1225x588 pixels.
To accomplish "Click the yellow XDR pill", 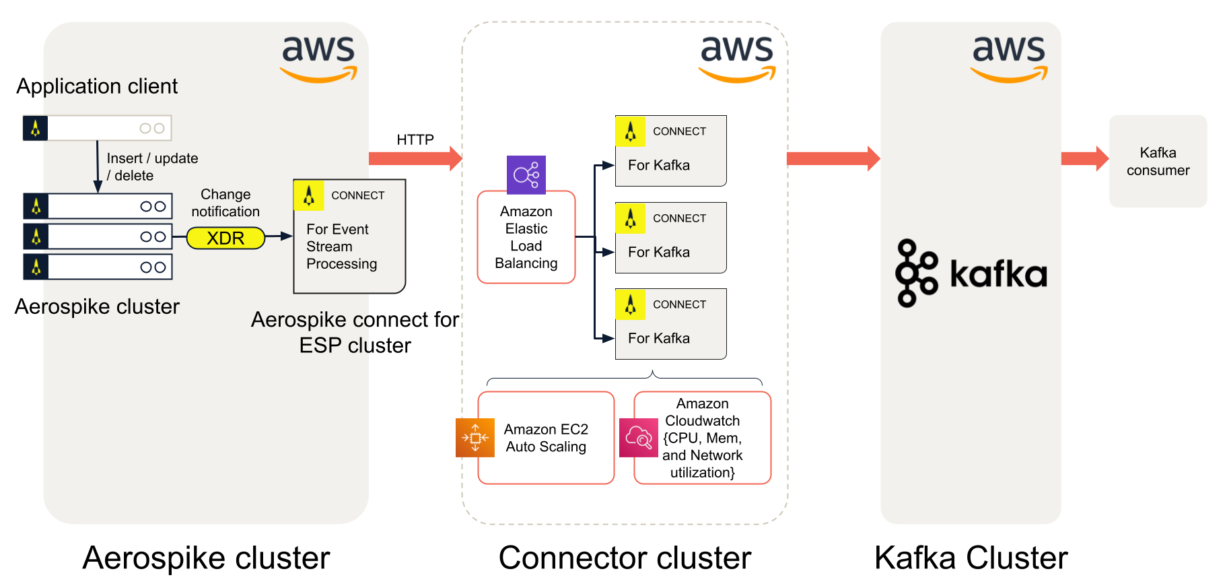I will [x=225, y=238].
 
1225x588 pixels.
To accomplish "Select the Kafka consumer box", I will [x=1158, y=162].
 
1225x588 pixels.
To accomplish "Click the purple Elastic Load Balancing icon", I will [x=526, y=175].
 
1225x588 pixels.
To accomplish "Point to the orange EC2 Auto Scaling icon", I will [x=475, y=438].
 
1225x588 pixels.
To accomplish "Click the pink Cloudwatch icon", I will [x=638, y=438].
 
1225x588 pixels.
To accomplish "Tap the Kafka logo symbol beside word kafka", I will [x=915, y=273].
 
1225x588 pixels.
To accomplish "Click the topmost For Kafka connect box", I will [x=671, y=151].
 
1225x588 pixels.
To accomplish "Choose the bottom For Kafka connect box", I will [x=671, y=324].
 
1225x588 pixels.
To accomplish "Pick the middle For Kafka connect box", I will [x=671, y=238].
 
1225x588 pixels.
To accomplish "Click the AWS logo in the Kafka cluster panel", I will [x=1008, y=59].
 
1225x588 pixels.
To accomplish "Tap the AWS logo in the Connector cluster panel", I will [x=737, y=59].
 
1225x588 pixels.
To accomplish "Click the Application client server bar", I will [x=98, y=128].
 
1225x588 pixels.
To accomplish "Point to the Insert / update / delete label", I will [x=152, y=167].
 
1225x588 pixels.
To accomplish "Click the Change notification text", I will [x=225, y=203].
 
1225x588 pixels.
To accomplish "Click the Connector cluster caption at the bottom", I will [x=625, y=558].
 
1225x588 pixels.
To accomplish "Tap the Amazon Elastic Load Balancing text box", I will [x=526, y=238].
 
